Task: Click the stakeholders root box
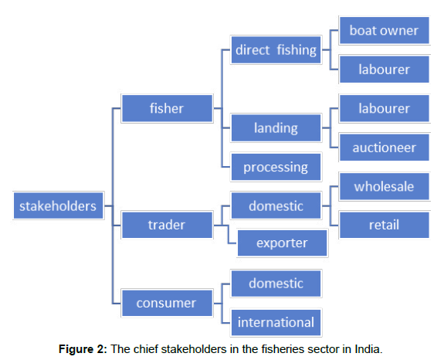(x=59, y=205)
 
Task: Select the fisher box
(x=167, y=108)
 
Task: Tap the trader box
(x=167, y=225)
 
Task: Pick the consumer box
(x=167, y=303)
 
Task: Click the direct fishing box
(x=276, y=50)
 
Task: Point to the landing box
(x=276, y=127)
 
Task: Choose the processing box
(x=276, y=167)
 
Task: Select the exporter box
(x=283, y=243)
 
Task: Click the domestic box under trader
(x=276, y=205)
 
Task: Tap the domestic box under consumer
(x=276, y=284)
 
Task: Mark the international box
(x=276, y=322)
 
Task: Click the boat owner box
(x=385, y=30)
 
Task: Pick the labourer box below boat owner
(x=385, y=70)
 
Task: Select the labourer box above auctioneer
(x=385, y=108)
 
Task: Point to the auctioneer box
(x=385, y=148)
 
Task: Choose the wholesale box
(x=385, y=186)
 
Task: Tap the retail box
(x=385, y=225)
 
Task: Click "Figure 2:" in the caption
(x=83, y=349)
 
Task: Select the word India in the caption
(x=368, y=349)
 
